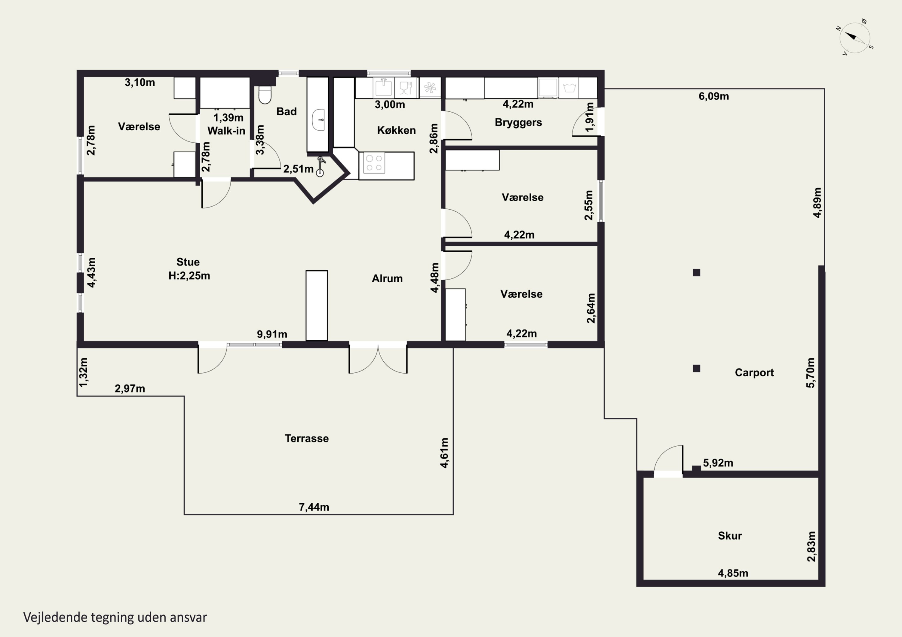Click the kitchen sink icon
pyautogui.click(x=384, y=87)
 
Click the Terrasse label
pyautogui.click(x=307, y=438)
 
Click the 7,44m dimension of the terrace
pyautogui.click(x=314, y=507)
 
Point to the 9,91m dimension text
pyautogui.click(x=272, y=334)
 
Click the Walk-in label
pyautogui.click(x=226, y=131)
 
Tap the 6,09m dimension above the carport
pyautogui.click(x=713, y=96)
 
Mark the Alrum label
pyautogui.click(x=387, y=279)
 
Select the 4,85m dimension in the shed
pyautogui.click(x=733, y=573)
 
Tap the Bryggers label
pyautogui.click(x=518, y=123)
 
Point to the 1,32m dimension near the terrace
pyautogui.click(x=84, y=372)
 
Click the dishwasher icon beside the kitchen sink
pyautogui.click(x=405, y=87)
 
